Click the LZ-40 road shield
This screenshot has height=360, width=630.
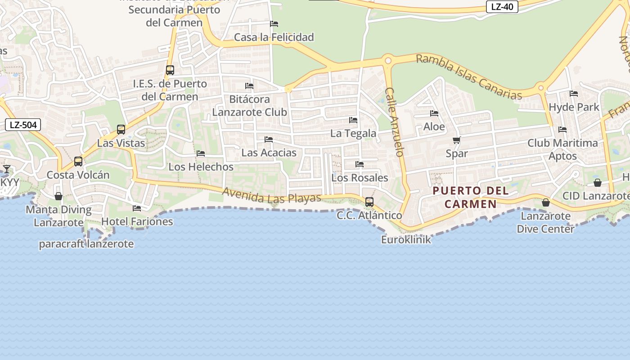[502, 7]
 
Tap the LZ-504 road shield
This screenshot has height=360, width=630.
[23, 125]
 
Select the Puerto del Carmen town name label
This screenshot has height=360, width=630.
[471, 197]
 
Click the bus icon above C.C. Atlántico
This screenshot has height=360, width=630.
[369, 202]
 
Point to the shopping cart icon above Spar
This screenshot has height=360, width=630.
[456, 140]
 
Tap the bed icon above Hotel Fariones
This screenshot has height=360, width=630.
[137, 208]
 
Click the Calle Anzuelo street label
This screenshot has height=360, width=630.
[395, 121]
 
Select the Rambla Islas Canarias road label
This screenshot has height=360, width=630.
[469, 76]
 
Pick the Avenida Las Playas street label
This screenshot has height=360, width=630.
[272, 195]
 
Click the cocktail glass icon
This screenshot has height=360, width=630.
[7, 169]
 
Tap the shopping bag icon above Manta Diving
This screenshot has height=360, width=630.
[58, 196]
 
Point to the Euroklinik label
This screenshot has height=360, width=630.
[406, 239]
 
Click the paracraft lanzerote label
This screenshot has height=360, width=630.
[86, 244]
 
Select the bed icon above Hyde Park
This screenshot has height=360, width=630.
[574, 94]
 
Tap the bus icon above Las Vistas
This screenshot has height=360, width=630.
[121, 130]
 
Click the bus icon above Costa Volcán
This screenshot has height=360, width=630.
[78, 161]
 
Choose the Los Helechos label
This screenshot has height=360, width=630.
[201, 166]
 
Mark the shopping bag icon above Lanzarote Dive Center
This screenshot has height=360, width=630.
[546, 203]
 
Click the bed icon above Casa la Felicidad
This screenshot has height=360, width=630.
[274, 24]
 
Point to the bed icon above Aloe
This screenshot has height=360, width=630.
[434, 113]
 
